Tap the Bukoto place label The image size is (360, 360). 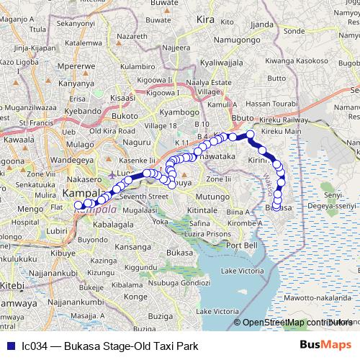(x=125, y=115)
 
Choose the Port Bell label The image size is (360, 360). (x=242, y=245)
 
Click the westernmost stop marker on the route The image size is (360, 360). (x=78, y=205)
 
